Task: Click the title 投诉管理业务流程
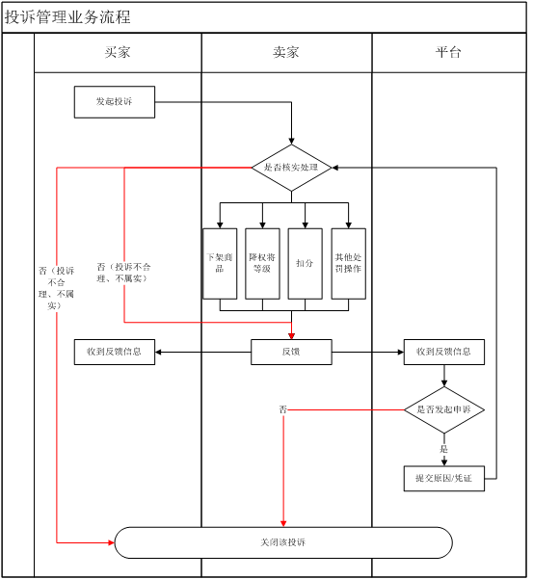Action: coord(68,17)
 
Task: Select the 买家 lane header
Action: coord(118,53)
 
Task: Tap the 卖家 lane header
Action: coord(286,53)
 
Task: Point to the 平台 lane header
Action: coord(448,53)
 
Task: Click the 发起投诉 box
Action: coord(115,102)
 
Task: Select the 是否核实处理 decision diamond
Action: coord(291,168)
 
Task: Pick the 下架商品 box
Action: coord(220,263)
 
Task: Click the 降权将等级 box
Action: coord(262,263)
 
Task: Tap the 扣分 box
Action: coord(305,263)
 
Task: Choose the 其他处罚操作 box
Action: coord(348,263)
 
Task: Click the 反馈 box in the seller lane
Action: coord(291,352)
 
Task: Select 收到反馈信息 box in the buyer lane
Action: coord(115,352)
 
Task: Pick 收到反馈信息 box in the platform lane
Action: coord(443,352)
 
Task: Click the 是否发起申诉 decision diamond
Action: coord(443,410)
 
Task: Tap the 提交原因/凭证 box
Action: coord(443,478)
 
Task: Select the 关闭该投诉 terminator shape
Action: coord(283,542)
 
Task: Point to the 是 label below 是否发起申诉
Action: coord(444,449)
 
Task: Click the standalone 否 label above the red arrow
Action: coord(283,410)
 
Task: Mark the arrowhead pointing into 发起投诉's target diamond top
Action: coord(291,141)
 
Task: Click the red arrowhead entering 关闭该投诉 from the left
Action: coord(111,542)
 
